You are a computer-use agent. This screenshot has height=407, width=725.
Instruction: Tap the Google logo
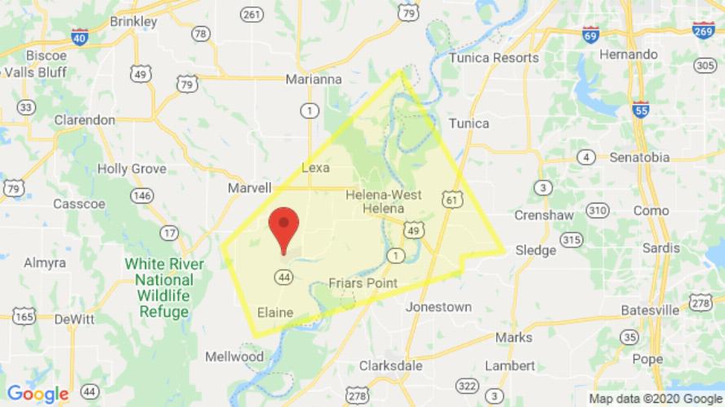pyautogui.click(x=37, y=394)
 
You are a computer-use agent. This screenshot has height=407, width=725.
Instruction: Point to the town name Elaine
pyautogui.click(x=275, y=312)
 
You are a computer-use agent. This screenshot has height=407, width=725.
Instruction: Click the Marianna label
pyautogui.click(x=314, y=80)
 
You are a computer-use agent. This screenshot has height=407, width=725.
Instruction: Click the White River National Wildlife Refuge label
pyautogui.click(x=157, y=287)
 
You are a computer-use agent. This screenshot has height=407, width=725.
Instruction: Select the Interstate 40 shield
pyautogui.click(x=80, y=37)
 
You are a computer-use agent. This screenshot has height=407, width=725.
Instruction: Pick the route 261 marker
pyautogui.click(x=252, y=15)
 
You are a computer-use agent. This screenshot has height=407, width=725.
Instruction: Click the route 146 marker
pyautogui.click(x=142, y=195)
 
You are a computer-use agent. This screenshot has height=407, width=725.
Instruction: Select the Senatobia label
pyautogui.click(x=639, y=157)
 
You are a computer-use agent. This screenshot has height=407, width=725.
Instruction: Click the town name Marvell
pyautogui.click(x=249, y=188)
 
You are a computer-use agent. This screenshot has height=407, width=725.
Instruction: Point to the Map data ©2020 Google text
pyautogui.click(x=655, y=399)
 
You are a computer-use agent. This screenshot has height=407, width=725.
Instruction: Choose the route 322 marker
pyautogui.click(x=467, y=385)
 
